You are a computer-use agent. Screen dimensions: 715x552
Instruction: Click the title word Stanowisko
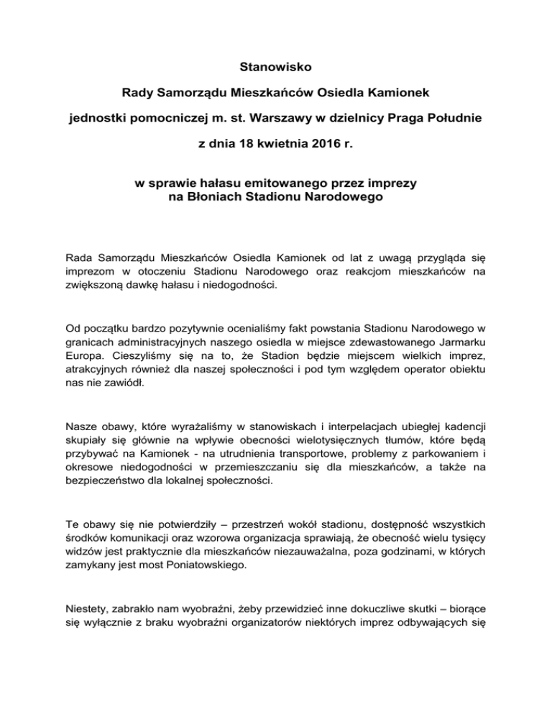(276, 70)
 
